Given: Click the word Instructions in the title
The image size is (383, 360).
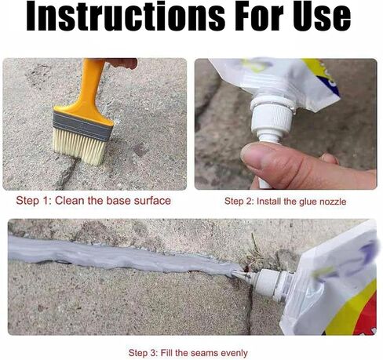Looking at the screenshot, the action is [126, 16].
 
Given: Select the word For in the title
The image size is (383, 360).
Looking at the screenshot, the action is [259, 16].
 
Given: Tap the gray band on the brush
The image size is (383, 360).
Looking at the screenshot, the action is [82, 125].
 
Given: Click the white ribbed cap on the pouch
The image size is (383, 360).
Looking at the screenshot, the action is [272, 117].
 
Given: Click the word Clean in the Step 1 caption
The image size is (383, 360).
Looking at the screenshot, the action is [70, 201].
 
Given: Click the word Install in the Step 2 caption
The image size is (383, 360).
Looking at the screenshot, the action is [268, 202].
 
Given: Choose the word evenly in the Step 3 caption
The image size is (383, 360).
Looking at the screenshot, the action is [234, 353].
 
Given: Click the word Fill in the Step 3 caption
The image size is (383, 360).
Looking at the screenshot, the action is [166, 353].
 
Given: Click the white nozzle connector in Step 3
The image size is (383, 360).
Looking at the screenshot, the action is [269, 283].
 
